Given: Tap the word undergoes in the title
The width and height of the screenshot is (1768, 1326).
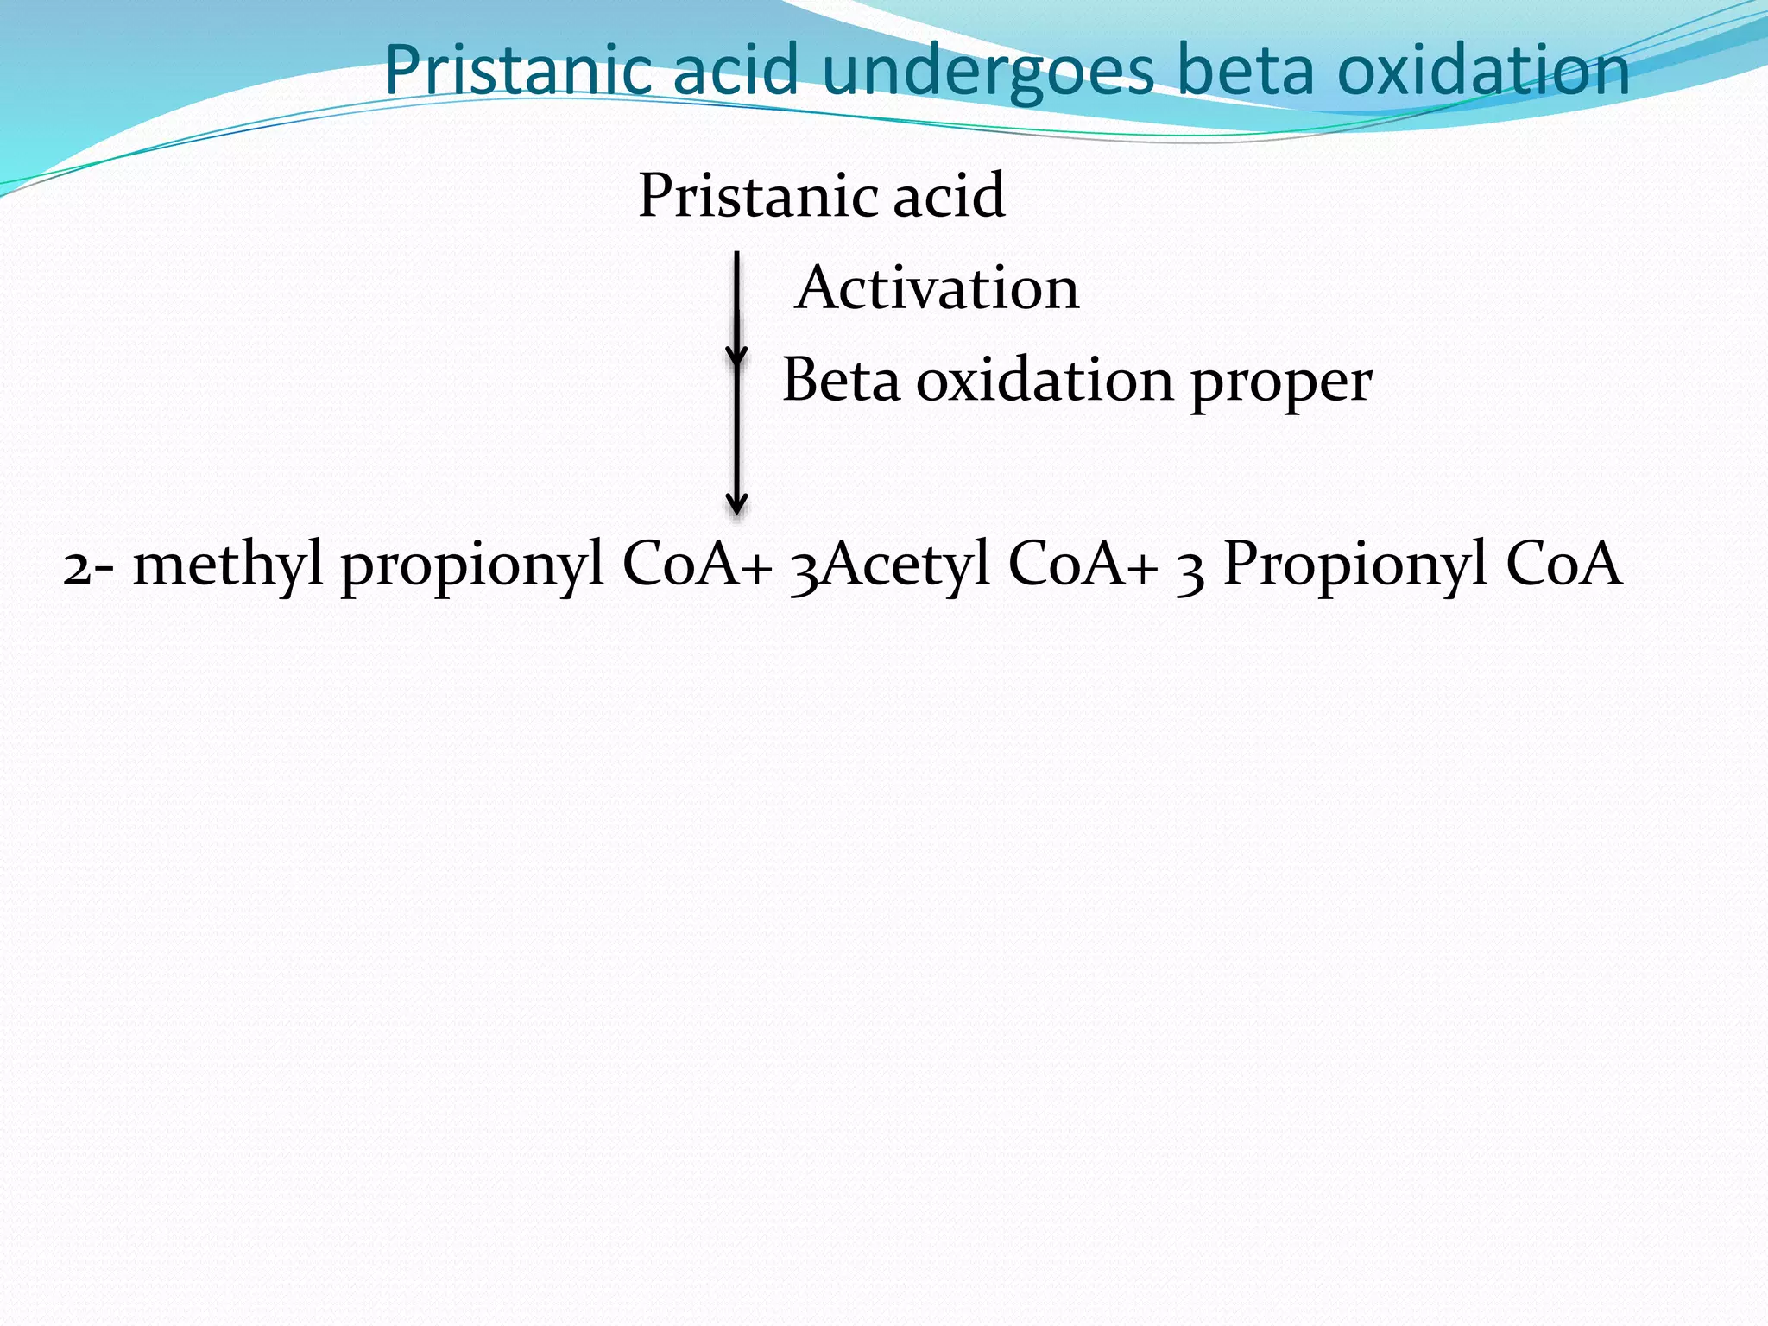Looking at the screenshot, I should [x=988, y=73].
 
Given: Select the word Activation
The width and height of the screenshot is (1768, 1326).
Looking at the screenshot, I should [x=937, y=288].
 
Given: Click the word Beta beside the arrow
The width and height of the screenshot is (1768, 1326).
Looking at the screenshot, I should [x=841, y=381].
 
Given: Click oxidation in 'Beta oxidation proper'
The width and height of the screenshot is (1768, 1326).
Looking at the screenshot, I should [x=1045, y=381].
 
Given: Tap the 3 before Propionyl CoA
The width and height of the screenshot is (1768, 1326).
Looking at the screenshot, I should [x=1190, y=570].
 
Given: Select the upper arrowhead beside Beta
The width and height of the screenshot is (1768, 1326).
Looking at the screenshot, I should [x=736, y=354].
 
